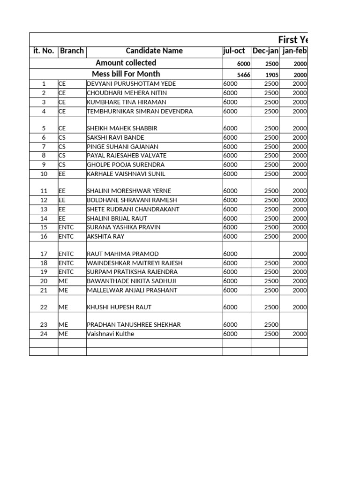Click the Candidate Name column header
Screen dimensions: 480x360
(x=154, y=51)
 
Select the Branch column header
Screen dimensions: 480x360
(x=72, y=51)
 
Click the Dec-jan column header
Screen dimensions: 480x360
(x=265, y=51)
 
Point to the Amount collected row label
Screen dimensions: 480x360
(x=126, y=63)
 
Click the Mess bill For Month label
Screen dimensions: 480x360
(x=126, y=74)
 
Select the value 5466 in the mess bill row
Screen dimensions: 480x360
(x=243, y=75)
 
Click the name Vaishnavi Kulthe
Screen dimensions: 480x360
(x=110, y=334)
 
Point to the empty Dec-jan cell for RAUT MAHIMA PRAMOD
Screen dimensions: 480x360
(x=265, y=254)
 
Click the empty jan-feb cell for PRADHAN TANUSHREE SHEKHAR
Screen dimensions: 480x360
(x=293, y=324)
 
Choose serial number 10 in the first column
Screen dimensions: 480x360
(x=44, y=174)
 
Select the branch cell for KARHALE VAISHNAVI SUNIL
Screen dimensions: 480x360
(x=72, y=174)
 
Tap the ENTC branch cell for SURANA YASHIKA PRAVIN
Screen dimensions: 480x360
(x=72, y=227)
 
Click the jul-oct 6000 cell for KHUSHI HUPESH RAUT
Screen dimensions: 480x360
(x=237, y=307)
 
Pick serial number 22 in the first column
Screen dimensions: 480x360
(x=44, y=307)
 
